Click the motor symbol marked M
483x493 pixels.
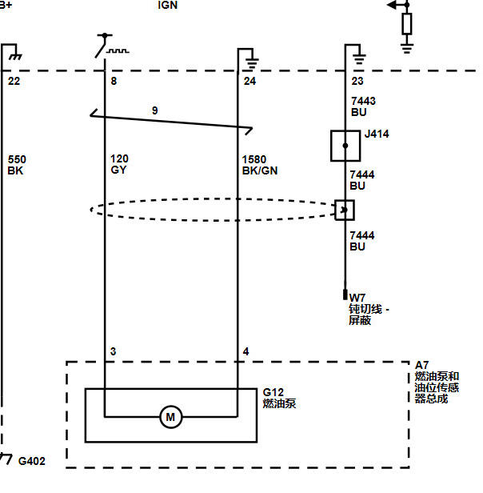coord(170,417)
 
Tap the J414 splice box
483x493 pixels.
coord(345,146)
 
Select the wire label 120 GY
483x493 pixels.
coord(119,164)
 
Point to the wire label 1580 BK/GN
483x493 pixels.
coord(260,165)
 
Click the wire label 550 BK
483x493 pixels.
coord(17,165)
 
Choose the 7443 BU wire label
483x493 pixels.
coord(363,106)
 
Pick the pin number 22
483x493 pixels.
coord(14,81)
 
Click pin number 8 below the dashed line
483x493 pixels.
coord(114,81)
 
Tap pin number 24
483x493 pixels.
coord(249,81)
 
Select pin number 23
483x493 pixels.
coord(357,81)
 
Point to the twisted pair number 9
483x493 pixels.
coord(154,110)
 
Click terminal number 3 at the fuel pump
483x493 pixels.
coord(113,351)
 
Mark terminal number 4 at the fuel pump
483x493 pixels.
coord(245,351)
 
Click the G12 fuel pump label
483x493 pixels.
coord(279,398)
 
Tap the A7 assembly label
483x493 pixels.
coord(437,382)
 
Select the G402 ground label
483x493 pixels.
coord(32,461)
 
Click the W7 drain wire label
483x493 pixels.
coord(369,309)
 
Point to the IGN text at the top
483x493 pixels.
coord(167,5)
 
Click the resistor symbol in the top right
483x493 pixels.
coord(407,23)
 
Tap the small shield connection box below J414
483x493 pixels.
coord(345,210)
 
